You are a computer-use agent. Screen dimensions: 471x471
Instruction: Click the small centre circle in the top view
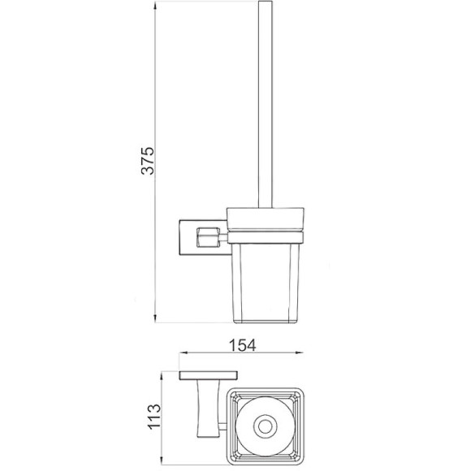(266, 423)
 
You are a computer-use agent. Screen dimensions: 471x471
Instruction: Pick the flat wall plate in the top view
(209, 376)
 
